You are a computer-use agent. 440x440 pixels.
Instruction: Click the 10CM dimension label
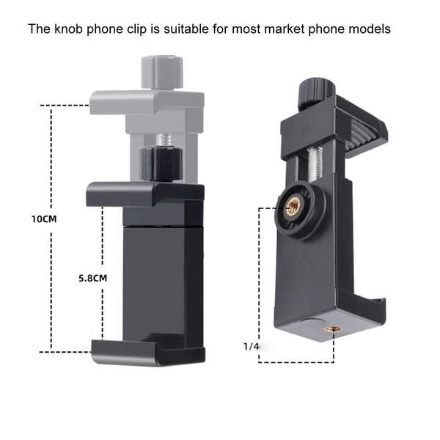point(44,219)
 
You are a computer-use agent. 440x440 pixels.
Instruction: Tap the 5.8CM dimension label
point(93,278)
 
